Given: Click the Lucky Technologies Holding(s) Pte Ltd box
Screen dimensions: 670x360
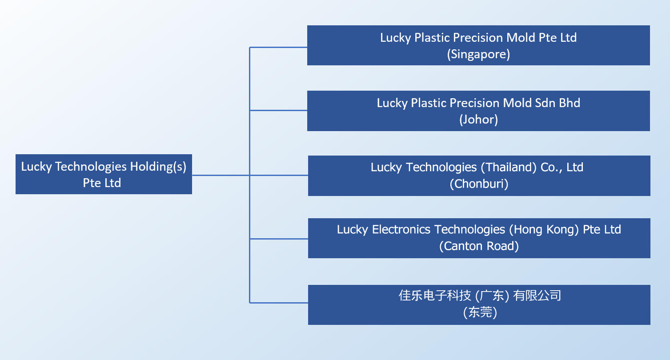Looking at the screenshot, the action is [104, 174].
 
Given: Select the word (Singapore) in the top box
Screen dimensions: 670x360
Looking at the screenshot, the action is [478, 54].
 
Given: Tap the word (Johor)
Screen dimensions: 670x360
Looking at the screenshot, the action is [478, 120].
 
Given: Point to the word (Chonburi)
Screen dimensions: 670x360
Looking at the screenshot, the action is [479, 184].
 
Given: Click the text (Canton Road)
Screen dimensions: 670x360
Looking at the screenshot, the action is [479, 246].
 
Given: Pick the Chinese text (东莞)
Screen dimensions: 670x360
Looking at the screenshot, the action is [480, 312].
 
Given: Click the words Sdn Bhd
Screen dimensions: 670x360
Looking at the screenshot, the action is [558, 103].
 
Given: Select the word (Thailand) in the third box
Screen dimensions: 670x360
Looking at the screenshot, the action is [509, 167].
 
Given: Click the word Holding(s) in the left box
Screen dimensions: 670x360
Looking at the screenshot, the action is [158, 167].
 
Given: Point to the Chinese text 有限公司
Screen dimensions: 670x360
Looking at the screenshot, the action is [537, 296].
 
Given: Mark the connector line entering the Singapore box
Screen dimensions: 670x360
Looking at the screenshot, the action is [278, 47].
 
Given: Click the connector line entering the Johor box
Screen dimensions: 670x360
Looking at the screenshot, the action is [278, 110].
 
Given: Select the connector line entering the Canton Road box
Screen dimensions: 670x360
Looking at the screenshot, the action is [279, 239].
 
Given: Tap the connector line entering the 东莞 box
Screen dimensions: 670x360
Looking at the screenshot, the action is [279, 303].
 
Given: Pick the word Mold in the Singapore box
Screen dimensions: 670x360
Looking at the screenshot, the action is [521, 38].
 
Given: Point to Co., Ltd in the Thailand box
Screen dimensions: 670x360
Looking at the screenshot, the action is [562, 167].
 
